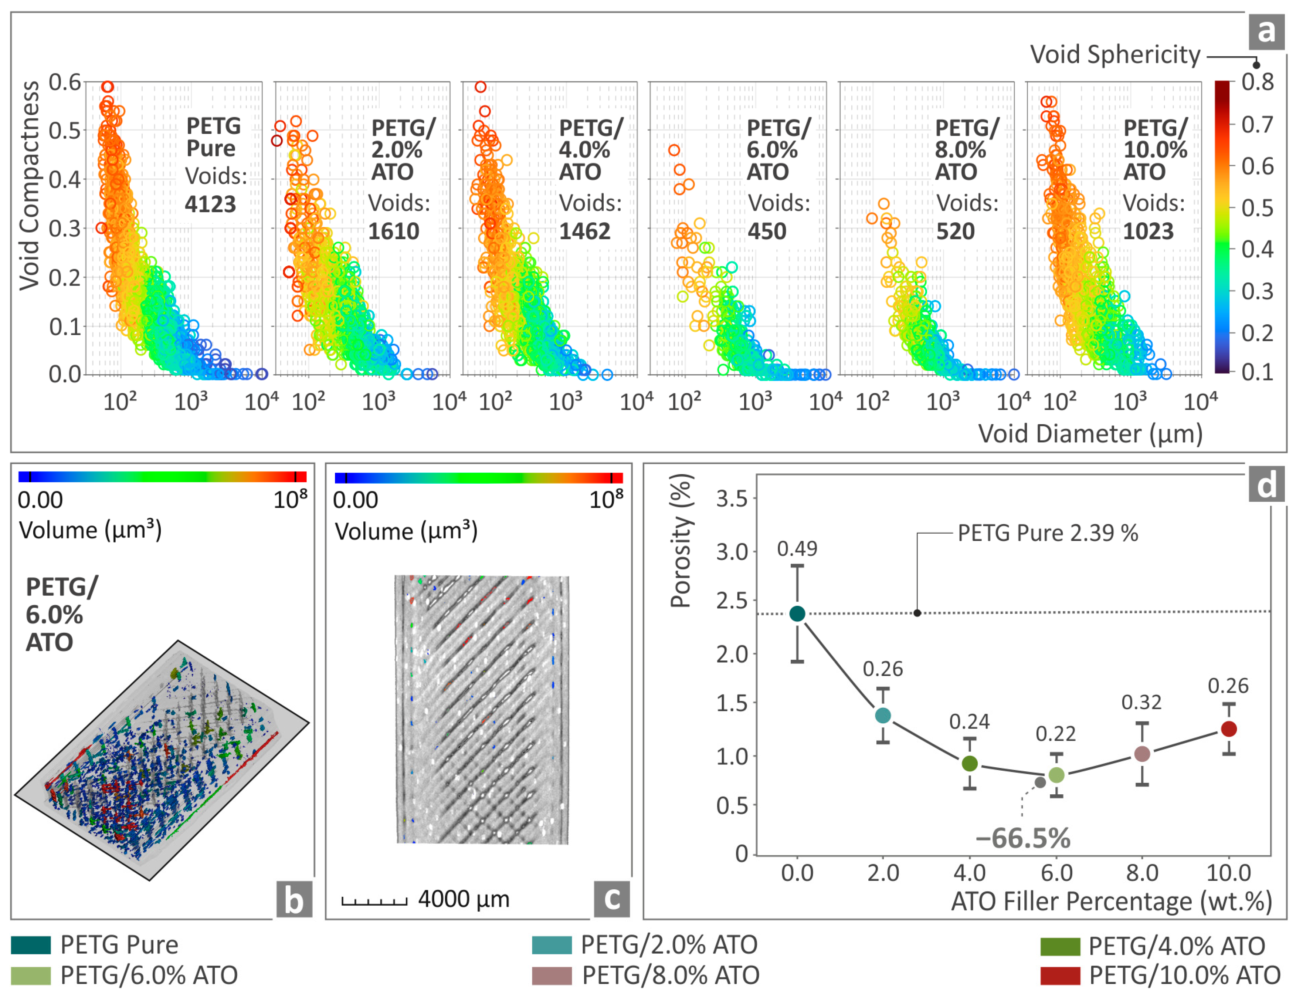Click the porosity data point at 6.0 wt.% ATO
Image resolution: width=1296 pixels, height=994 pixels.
(1056, 775)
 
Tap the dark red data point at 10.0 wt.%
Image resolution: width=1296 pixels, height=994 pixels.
(1229, 729)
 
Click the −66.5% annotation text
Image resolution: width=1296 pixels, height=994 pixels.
(1023, 838)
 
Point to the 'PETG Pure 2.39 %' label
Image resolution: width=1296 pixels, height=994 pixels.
(1048, 533)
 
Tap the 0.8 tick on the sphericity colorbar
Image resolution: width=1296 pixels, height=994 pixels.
(1257, 82)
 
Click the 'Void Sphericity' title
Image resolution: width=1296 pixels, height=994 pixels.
(1115, 54)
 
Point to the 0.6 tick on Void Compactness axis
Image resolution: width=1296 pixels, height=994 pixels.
(64, 82)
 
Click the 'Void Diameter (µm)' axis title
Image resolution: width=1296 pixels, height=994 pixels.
(1090, 434)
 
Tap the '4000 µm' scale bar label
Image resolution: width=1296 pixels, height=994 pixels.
(464, 899)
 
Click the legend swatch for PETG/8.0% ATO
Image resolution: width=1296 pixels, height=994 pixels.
(551, 976)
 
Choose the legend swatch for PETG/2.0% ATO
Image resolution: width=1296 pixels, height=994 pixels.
(551, 945)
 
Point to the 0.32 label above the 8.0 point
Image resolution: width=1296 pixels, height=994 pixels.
(1141, 702)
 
